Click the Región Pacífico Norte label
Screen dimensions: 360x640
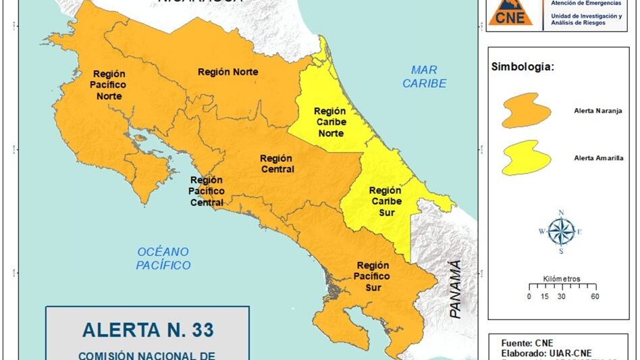107,85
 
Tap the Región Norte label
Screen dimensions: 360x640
228,72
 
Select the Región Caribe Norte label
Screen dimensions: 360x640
330,122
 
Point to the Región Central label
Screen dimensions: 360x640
277,163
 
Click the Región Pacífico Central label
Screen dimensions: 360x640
207,191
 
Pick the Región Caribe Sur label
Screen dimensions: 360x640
385,201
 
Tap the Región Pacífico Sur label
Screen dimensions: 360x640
373,276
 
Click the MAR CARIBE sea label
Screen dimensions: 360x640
425,76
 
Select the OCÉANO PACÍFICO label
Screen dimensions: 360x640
163,258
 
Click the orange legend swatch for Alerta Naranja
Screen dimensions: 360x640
520,110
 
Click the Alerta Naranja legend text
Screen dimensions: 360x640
597,109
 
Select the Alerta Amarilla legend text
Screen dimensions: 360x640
599,158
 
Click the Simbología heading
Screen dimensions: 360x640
523,68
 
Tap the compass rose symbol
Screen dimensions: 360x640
560,232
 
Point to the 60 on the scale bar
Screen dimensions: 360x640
594,296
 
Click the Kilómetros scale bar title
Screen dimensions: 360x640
561,279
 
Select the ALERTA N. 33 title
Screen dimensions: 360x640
147,330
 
